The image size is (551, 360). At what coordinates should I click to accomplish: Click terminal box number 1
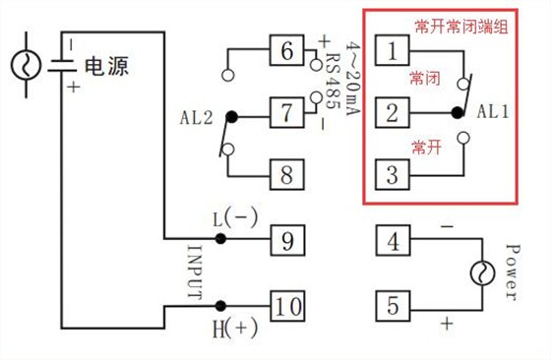pyautogui.click(x=393, y=49)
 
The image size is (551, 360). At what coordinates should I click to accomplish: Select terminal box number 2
pyautogui.click(x=393, y=112)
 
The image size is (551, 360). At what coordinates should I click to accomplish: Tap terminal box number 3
pyautogui.click(x=393, y=176)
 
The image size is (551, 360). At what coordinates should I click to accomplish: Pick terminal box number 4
pyautogui.click(x=393, y=240)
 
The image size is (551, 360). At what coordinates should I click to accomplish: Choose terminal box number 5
pyautogui.click(x=393, y=305)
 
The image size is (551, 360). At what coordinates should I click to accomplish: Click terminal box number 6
pyautogui.click(x=287, y=49)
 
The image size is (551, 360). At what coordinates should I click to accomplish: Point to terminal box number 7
pyautogui.click(x=287, y=113)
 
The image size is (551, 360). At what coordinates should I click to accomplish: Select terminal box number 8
pyautogui.click(x=287, y=175)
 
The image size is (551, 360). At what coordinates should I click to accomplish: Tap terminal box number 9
pyautogui.click(x=287, y=239)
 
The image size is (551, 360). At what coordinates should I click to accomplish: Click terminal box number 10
pyautogui.click(x=287, y=306)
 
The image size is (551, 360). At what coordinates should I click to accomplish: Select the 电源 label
pyautogui.click(x=107, y=67)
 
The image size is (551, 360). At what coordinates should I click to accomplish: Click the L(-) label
pyautogui.click(x=232, y=216)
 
